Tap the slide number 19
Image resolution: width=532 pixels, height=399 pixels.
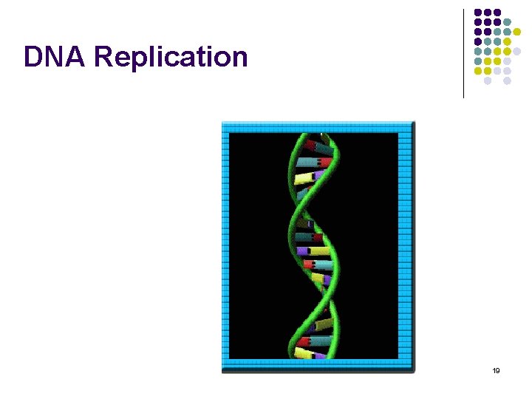[496, 369]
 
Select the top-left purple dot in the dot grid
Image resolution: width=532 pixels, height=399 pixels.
[478, 13]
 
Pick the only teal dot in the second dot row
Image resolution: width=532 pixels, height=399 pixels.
[508, 22]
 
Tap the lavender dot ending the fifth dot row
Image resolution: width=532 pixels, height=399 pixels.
[517, 51]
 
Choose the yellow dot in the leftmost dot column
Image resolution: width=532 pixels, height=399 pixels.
[478, 71]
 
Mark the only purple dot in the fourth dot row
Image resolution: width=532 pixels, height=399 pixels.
[478, 41]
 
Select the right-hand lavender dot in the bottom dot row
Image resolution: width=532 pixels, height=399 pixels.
[508, 81]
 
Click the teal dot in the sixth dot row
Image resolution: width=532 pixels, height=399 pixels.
[478, 61]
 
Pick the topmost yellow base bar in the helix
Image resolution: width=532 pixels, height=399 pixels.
[304, 178]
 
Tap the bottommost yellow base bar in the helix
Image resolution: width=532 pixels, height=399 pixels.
[303, 353]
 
